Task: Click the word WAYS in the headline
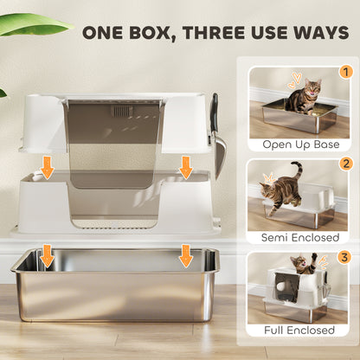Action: click(x=325, y=35)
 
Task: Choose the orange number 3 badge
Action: click(x=344, y=255)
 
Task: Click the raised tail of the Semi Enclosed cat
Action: click(x=297, y=170)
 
